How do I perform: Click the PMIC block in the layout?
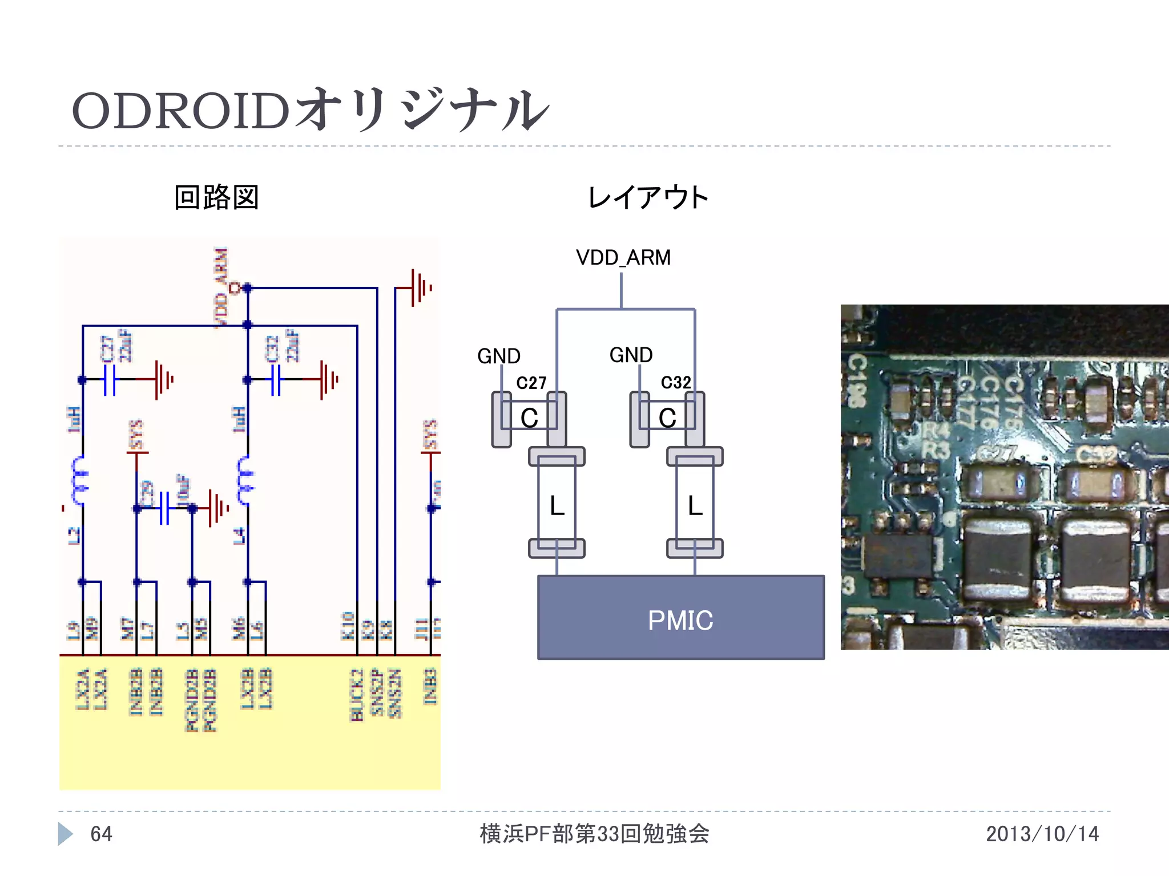(x=680, y=618)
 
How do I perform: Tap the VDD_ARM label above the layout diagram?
(x=623, y=258)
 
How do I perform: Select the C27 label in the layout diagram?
(x=531, y=383)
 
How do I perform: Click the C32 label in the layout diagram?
(x=675, y=382)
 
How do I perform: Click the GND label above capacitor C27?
(x=498, y=356)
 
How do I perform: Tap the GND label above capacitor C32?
(x=631, y=355)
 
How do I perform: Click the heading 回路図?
(x=216, y=197)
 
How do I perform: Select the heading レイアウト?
(x=647, y=197)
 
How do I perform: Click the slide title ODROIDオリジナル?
(x=310, y=110)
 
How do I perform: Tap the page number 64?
(x=102, y=834)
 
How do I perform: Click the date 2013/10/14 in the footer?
(x=1042, y=834)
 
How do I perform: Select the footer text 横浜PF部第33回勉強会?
(x=594, y=834)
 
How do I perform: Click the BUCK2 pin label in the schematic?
(x=357, y=695)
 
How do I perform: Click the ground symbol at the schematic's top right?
(x=421, y=288)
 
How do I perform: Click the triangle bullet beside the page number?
(x=65, y=834)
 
